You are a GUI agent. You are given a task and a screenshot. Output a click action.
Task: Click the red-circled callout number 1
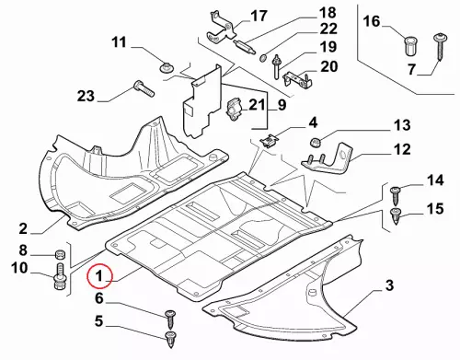[99, 276]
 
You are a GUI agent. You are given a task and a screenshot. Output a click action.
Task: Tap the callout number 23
[86, 96]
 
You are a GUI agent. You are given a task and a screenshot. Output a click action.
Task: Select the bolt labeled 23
[144, 88]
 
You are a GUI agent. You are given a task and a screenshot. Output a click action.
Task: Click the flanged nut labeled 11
[167, 67]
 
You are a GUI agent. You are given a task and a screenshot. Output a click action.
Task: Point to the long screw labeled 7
[440, 47]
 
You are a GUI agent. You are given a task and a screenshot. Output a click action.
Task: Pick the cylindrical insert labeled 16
[410, 46]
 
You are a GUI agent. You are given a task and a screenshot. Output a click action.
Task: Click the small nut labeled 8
[61, 254]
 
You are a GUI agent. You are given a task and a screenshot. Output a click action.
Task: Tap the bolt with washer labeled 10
[60, 276]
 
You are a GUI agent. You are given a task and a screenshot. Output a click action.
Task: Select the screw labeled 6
[170, 319]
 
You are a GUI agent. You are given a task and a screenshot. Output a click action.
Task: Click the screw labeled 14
[395, 195]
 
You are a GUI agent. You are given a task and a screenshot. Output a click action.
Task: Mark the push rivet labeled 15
[396, 215]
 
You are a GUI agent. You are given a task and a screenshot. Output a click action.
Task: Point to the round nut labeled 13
[315, 143]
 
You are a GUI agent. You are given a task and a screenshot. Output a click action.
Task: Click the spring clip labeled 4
[269, 141]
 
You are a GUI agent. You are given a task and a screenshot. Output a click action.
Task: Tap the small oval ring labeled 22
[263, 58]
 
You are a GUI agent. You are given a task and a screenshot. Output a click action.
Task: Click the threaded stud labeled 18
[244, 46]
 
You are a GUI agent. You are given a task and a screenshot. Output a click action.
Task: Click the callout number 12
[401, 149]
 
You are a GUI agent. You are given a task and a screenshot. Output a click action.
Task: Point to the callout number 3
[389, 285]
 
